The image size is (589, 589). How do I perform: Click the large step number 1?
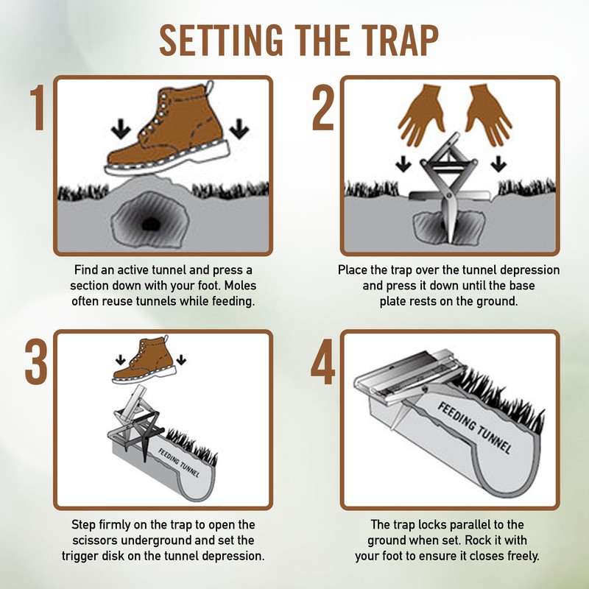point(38,107)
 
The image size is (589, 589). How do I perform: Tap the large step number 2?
point(323,107)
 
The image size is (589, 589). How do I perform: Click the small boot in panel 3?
point(144,360)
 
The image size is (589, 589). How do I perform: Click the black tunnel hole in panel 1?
point(151,224)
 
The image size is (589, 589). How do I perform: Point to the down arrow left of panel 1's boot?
point(121,129)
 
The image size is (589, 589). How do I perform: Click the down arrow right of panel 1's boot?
point(239,129)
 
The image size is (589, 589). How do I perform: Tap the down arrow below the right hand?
point(498,163)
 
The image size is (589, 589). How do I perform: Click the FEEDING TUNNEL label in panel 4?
point(475,428)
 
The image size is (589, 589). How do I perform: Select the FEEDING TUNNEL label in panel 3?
point(178,463)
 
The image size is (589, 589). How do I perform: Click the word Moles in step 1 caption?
point(241,286)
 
